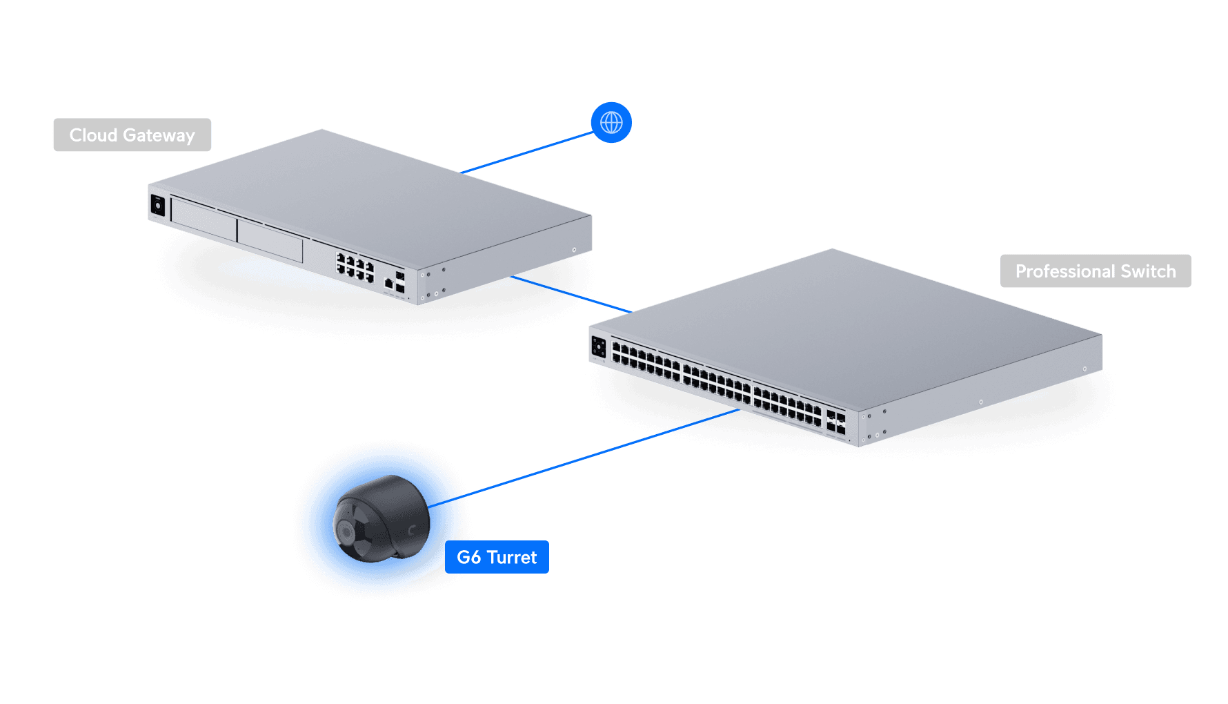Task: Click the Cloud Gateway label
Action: [132, 135]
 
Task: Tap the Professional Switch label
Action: [1095, 271]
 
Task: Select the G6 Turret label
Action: [497, 558]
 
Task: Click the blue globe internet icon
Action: [611, 123]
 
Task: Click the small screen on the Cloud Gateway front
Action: [158, 206]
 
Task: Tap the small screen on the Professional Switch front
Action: [598, 347]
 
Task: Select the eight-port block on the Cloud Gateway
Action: [355, 267]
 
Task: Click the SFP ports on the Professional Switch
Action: [835, 422]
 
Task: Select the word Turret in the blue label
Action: [511, 558]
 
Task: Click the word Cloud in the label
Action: [93, 135]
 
